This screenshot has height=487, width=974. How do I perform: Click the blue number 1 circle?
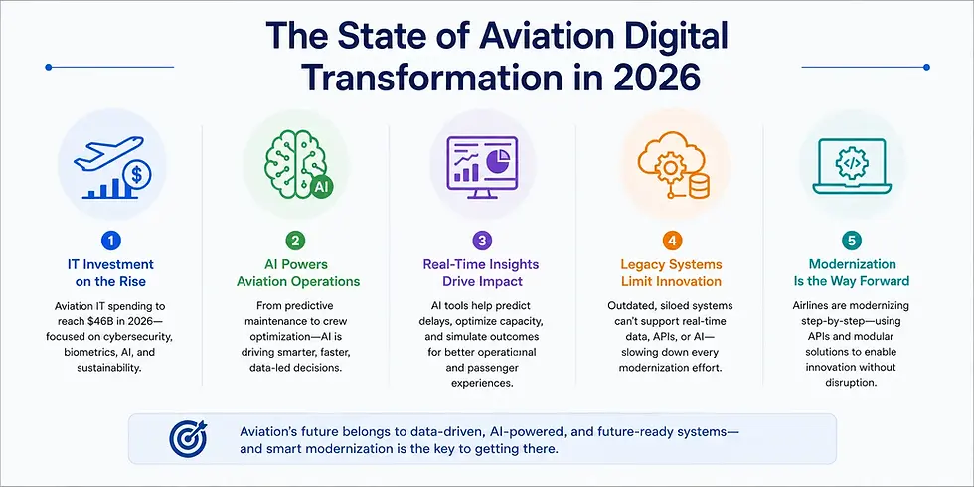click(x=111, y=241)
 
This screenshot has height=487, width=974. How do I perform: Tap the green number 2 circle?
click(x=297, y=241)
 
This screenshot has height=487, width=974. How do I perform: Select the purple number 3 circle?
click(x=482, y=241)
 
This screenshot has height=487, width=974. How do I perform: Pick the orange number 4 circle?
click(x=671, y=241)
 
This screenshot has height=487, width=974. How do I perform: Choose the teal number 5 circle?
click(x=851, y=241)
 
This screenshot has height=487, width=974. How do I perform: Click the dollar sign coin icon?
click(x=136, y=176)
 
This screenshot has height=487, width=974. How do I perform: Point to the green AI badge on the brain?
click(x=321, y=186)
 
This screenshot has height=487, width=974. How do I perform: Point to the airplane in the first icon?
click(x=108, y=152)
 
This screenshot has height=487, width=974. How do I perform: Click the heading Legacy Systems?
click(x=671, y=265)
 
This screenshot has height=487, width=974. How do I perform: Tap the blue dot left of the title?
click(x=49, y=67)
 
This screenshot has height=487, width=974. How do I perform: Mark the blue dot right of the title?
click(x=926, y=67)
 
